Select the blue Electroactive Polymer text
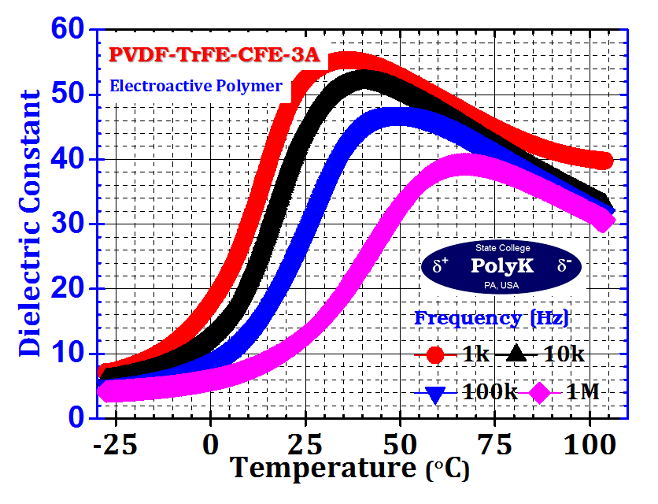point(196,86)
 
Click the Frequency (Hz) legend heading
point(492,318)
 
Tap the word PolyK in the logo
point(501,265)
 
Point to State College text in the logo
point(502,248)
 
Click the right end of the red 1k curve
point(603,161)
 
